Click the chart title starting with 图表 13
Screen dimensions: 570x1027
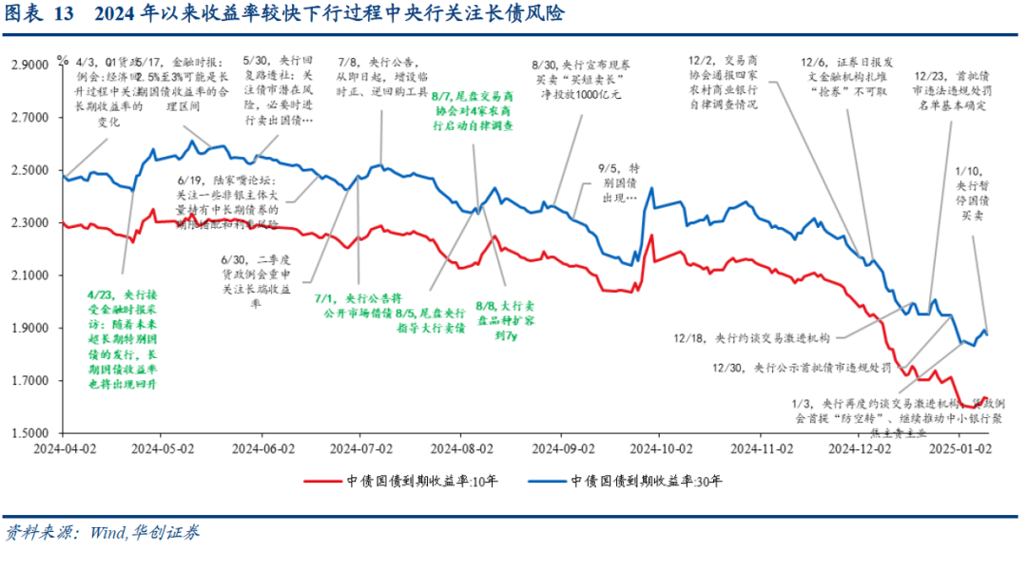(285, 13)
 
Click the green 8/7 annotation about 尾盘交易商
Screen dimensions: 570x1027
(472, 110)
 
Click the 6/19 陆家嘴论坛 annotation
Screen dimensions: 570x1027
(228, 201)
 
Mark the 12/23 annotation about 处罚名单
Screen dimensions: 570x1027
(951, 91)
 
